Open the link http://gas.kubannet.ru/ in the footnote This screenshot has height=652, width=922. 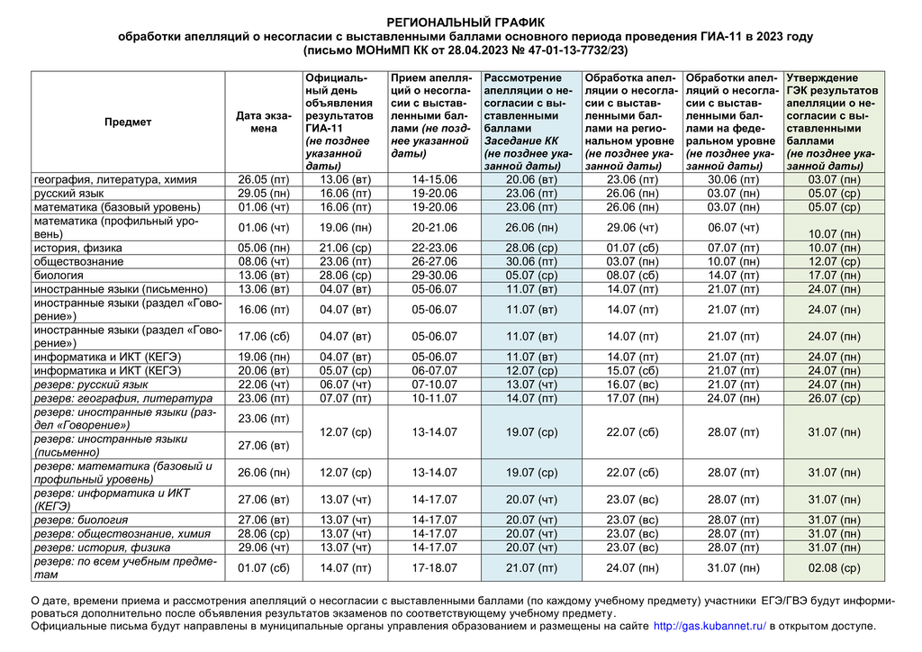709,626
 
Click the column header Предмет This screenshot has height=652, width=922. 128,122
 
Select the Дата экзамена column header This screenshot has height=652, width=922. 264,122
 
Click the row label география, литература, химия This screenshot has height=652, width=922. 115,179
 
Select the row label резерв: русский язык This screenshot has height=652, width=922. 91,384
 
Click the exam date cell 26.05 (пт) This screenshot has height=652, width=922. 264,179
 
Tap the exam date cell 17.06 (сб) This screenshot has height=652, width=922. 264,337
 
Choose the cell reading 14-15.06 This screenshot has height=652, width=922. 435,179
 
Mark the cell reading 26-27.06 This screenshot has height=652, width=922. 435,261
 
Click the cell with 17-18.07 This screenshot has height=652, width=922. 435,567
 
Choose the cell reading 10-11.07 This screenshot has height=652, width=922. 435,397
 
